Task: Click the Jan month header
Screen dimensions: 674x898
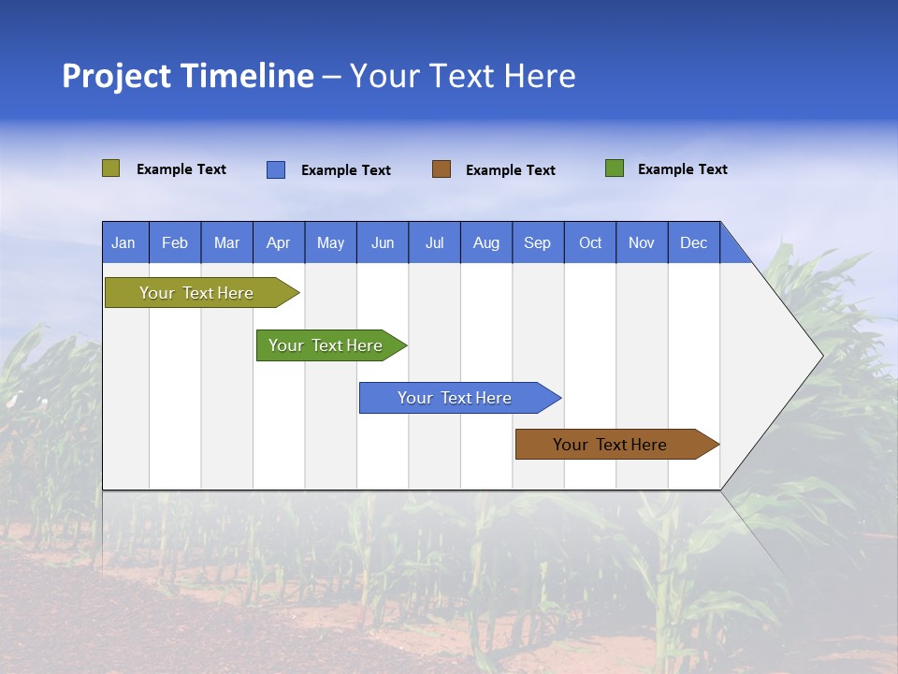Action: point(124,242)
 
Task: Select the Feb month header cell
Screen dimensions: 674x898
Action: point(175,242)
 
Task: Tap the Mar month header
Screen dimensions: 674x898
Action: point(226,242)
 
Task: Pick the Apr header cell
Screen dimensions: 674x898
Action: point(279,242)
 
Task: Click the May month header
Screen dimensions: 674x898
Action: point(330,242)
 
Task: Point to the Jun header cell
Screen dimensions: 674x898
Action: point(383,242)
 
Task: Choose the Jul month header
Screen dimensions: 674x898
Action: point(434,242)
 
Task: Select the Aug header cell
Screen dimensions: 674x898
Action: point(486,242)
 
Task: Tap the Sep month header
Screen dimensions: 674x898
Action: point(538,242)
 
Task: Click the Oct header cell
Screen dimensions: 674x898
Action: point(590,242)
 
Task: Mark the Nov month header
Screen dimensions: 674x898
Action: point(642,242)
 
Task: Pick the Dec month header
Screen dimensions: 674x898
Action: point(694,242)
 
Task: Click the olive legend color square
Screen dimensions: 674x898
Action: point(111,168)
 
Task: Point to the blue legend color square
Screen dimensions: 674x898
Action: point(276,169)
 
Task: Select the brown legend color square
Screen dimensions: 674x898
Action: point(442,169)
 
